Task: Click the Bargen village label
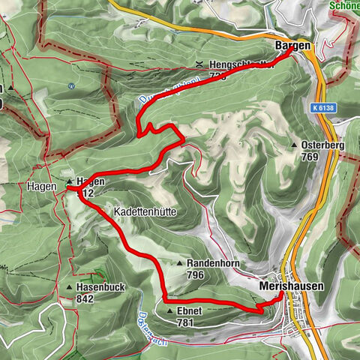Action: pos(293,46)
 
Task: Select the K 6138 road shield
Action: pos(322,108)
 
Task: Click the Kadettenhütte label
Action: pos(145,212)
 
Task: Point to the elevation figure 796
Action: pos(196,275)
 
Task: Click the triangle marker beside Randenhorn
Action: pos(180,264)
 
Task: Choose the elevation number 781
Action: pos(186,322)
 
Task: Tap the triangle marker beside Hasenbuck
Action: pos(69,287)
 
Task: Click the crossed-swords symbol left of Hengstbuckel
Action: pos(199,64)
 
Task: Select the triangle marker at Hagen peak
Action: pos(69,181)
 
